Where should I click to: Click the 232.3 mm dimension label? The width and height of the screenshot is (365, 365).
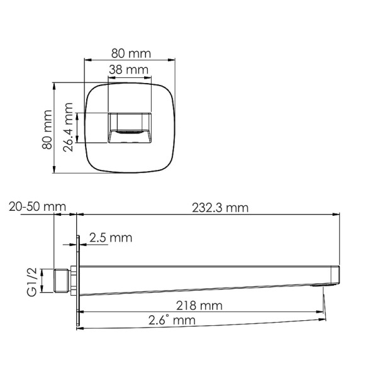(x=219, y=207)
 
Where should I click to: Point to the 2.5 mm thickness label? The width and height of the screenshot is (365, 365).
(x=111, y=238)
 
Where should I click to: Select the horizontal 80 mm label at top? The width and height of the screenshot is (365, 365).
(x=131, y=52)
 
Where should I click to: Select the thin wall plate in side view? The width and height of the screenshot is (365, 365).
(x=79, y=280)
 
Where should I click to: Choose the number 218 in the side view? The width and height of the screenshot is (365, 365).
(x=187, y=306)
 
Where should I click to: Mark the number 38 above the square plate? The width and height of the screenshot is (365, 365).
(x=117, y=70)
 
